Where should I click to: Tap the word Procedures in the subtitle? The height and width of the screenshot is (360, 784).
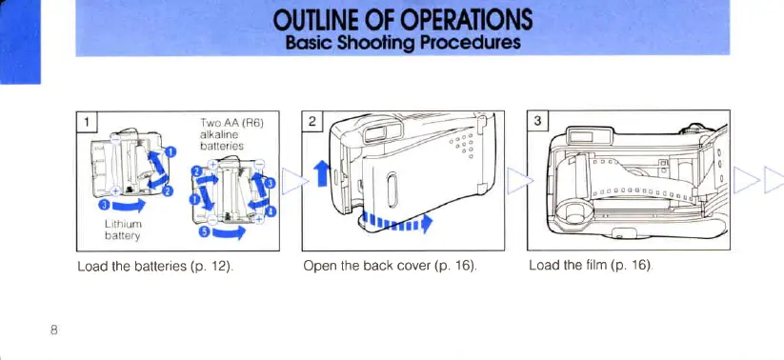[x=471, y=42]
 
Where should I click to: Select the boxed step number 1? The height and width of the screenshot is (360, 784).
[x=87, y=121]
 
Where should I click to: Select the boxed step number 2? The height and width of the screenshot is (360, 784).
[x=312, y=121]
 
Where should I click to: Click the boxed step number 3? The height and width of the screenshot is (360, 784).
[x=538, y=121]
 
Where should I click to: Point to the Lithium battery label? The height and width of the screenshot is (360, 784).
[x=123, y=230]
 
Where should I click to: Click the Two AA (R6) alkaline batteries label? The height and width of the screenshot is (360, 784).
[x=223, y=134]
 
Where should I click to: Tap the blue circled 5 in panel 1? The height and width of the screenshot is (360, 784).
[x=204, y=233]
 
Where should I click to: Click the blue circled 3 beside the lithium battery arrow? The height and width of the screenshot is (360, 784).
[x=105, y=206]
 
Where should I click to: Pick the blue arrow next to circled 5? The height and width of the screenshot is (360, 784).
[x=229, y=232]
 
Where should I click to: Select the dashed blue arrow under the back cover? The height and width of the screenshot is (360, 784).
[x=397, y=221]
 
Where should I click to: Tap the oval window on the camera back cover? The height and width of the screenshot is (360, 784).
[x=392, y=190]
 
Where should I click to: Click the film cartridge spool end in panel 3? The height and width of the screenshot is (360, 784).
[x=574, y=210]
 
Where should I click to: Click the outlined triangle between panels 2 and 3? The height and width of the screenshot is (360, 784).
[x=520, y=181]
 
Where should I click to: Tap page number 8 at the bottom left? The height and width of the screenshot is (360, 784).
[x=54, y=330]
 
